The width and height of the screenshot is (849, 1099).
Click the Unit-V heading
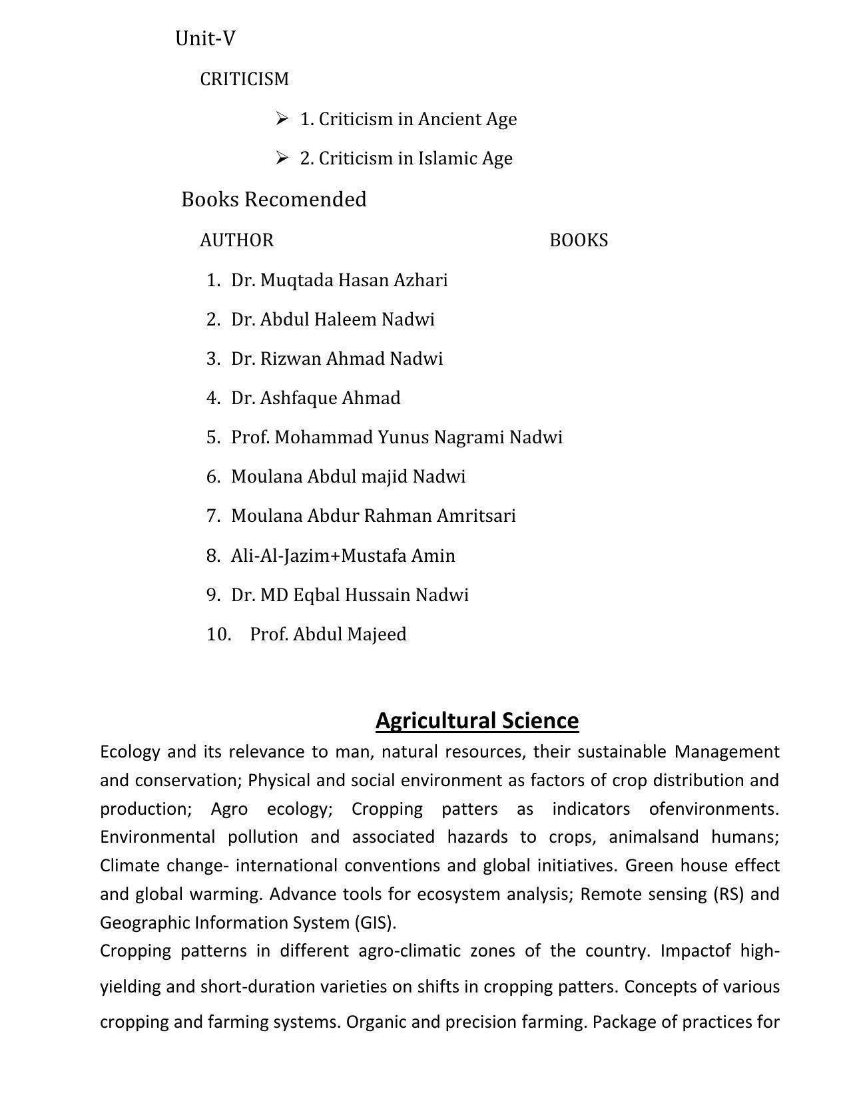pyautogui.click(x=205, y=39)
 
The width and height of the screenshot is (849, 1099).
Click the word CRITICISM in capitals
pyautogui.click(x=244, y=79)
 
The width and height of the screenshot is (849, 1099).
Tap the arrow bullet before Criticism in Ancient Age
pyautogui.click(x=282, y=118)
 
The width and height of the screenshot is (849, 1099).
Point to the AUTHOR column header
pyautogui.click(x=236, y=240)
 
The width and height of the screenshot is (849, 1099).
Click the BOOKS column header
pyautogui.click(x=578, y=240)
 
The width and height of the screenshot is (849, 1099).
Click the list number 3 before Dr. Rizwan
pyautogui.click(x=213, y=359)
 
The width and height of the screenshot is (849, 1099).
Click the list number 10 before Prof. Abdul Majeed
pyautogui.click(x=218, y=634)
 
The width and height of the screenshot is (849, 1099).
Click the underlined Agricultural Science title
pyautogui.click(x=477, y=721)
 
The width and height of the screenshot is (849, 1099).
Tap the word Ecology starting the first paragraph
pyautogui.click(x=130, y=752)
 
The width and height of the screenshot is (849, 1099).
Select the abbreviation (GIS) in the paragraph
pyautogui.click(x=376, y=923)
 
